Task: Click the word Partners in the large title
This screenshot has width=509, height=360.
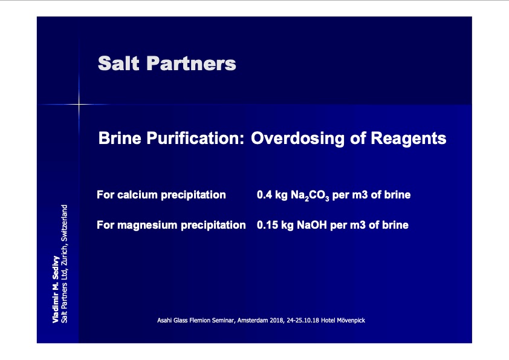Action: click(x=191, y=63)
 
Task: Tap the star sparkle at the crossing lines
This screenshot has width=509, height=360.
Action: click(x=79, y=104)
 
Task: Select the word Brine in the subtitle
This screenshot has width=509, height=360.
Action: click(x=120, y=138)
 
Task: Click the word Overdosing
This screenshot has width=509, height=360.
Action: click(x=297, y=139)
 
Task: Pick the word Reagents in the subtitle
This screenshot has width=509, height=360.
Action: click(x=409, y=139)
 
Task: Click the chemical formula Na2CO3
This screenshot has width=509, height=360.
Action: click(x=310, y=195)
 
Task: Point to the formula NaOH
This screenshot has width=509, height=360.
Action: click(x=312, y=225)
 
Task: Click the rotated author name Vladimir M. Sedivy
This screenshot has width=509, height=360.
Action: click(x=56, y=289)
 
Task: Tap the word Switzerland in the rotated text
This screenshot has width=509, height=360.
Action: click(x=64, y=223)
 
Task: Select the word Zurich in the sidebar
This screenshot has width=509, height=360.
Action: click(x=64, y=255)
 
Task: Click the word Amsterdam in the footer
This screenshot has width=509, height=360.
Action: click(x=253, y=320)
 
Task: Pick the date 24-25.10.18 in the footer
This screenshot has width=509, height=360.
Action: click(x=303, y=320)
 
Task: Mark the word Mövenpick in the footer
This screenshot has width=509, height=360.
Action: click(x=351, y=320)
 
